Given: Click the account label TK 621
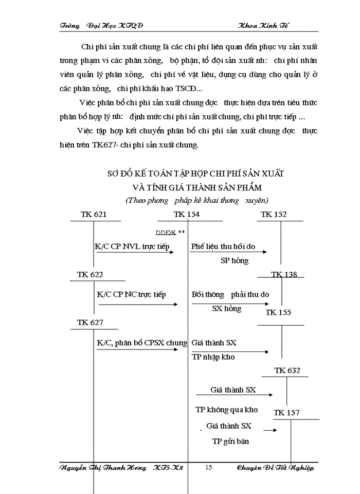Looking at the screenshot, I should point(94,215).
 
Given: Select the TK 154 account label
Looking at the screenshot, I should point(187,215).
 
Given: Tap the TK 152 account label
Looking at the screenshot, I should point(274,215).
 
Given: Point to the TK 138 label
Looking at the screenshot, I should point(284,274).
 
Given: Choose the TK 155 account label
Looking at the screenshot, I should point(278,312).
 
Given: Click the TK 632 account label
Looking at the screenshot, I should point(287,370).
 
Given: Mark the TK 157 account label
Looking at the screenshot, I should point(286,412).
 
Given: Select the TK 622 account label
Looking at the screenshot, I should point(90,274).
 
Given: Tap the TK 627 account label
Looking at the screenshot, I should point(90,323).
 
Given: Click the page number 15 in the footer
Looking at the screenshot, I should point(208,467).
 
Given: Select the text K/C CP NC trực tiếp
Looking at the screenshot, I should point(131,294).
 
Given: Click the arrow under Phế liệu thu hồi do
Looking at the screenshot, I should point(229,252).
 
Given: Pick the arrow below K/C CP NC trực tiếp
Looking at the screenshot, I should point(138,305).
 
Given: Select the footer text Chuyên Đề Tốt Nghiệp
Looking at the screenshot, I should point(275,467).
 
